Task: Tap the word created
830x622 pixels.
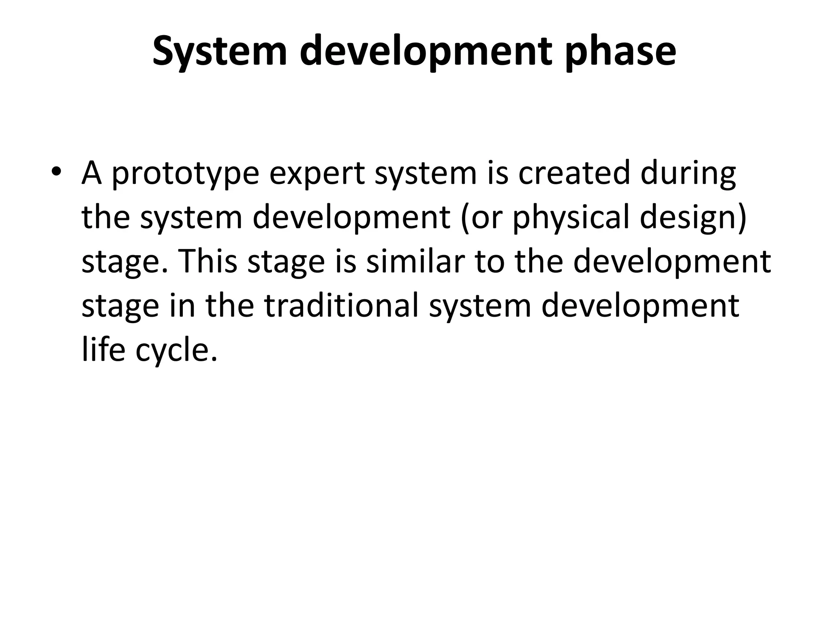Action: coord(574,173)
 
